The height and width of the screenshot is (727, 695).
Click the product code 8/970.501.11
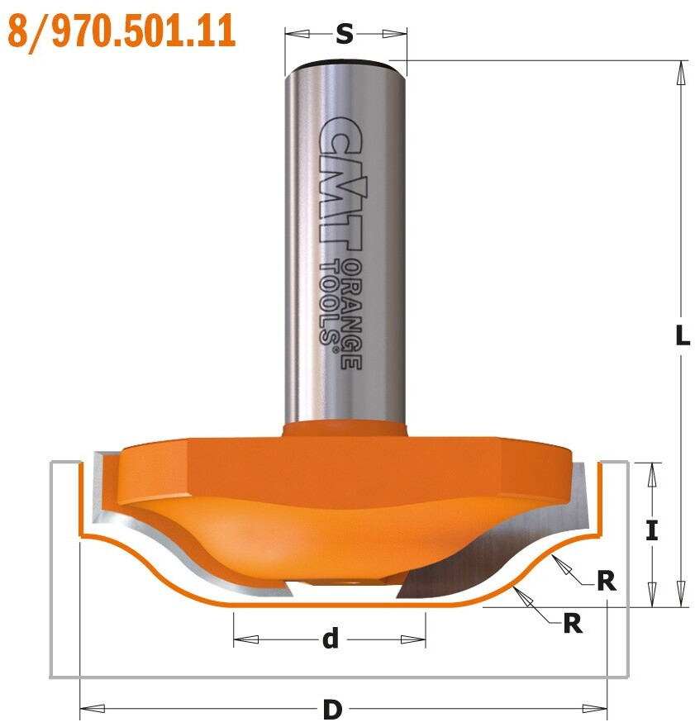pos(121,31)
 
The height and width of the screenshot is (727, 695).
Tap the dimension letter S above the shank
pos(345,34)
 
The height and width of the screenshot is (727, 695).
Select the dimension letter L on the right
pos(682,335)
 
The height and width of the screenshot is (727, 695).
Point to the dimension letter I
pos(652,530)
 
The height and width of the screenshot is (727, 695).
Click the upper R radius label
pos(607,581)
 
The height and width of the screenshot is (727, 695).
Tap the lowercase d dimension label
pos(331,639)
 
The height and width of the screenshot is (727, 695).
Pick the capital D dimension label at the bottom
pos(332,710)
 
